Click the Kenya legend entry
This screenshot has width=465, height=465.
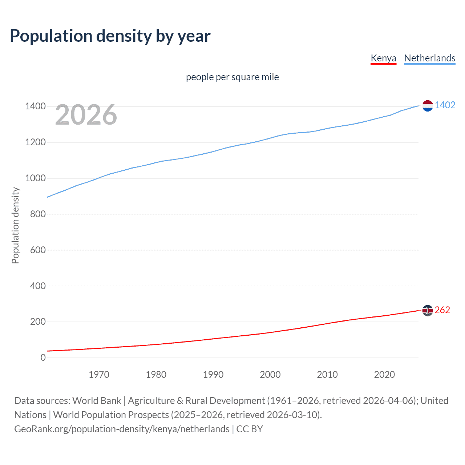(383, 58)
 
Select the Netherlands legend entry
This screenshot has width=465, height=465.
(429, 58)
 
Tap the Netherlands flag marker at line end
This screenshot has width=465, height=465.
(428, 106)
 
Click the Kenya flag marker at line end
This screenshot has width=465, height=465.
(428, 310)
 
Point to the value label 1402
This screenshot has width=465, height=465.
(445, 105)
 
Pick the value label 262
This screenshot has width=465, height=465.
(442, 310)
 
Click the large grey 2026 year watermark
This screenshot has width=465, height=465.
(86, 115)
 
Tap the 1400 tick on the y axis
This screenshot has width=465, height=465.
(35, 106)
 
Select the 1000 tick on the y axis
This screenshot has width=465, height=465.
(35, 178)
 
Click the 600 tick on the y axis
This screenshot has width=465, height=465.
(37, 250)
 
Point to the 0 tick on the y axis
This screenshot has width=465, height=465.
(43, 358)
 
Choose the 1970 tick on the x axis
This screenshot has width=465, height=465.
(99, 375)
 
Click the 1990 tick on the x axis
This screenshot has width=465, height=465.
(213, 375)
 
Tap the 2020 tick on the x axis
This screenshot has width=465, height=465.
(384, 375)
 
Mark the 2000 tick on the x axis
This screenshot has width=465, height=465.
(270, 375)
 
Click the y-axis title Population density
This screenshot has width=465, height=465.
(15, 225)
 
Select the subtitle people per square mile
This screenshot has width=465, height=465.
(232, 77)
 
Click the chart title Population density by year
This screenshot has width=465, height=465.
(110, 36)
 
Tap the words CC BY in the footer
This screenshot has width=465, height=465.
(250, 429)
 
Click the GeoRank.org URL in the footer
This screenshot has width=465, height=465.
(122, 429)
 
